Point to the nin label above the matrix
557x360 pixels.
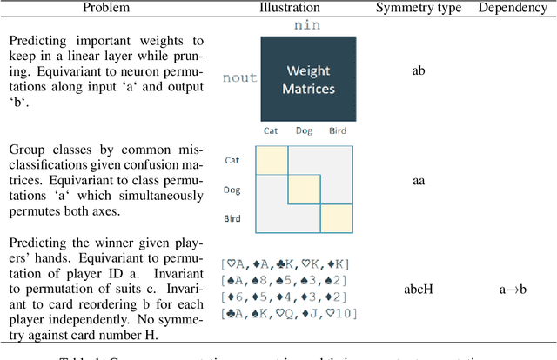(308, 26)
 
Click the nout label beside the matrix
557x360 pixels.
(240, 77)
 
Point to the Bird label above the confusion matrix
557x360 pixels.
(338, 131)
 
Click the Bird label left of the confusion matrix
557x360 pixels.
(233, 217)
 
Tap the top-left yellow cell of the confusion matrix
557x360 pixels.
(272, 160)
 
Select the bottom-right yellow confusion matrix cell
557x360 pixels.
(337, 218)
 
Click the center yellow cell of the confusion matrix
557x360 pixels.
(305, 190)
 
